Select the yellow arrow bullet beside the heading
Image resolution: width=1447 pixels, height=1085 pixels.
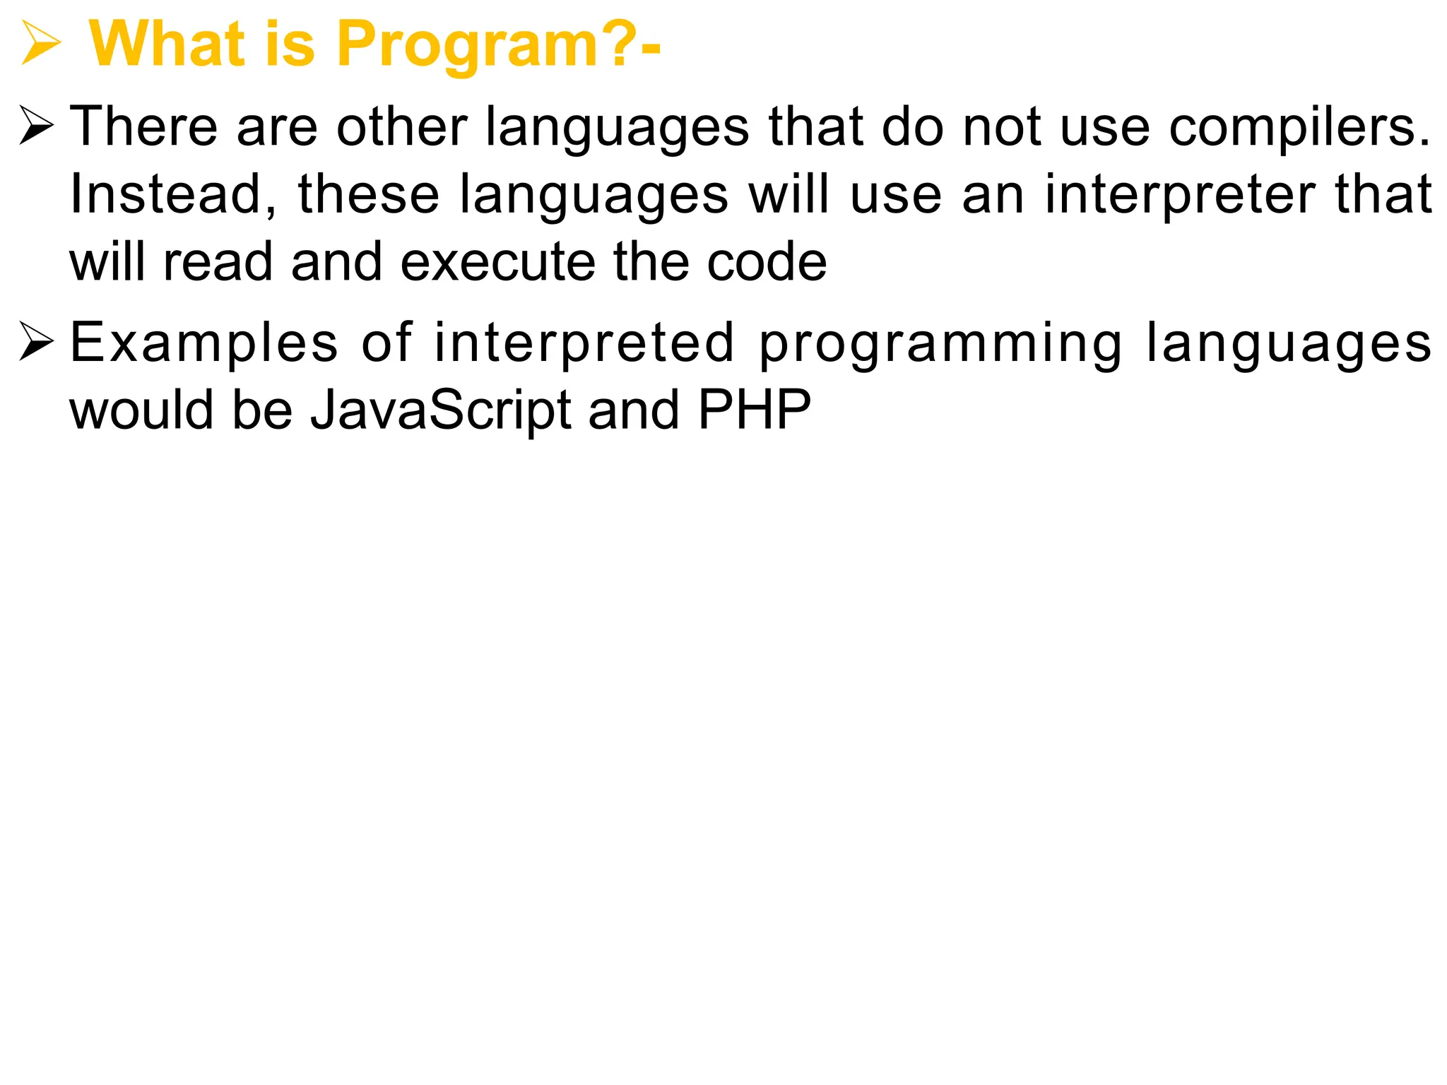pyautogui.click(x=40, y=44)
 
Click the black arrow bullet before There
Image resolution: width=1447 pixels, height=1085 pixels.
pyautogui.click(x=37, y=126)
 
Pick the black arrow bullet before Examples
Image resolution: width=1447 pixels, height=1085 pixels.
pyautogui.click(x=37, y=342)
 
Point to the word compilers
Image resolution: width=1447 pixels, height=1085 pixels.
pyautogui.click(x=1299, y=128)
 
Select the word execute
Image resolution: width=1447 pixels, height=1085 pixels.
pyautogui.click(x=497, y=262)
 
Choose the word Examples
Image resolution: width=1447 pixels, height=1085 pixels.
pyautogui.click(x=204, y=343)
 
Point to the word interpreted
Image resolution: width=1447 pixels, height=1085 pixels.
pyautogui.click(x=584, y=343)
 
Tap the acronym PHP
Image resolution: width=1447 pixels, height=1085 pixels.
pyautogui.click(x=754, y=409)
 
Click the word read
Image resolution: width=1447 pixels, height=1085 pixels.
pyautogui.click(x=218, y=262)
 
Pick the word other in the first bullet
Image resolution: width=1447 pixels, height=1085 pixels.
pyautogui.click(x=401, y=127)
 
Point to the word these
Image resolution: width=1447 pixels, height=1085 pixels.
pyautogui.click(x=368, y=194)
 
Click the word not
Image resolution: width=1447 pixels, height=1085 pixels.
pyautogui.click(x=1003, y=127)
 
